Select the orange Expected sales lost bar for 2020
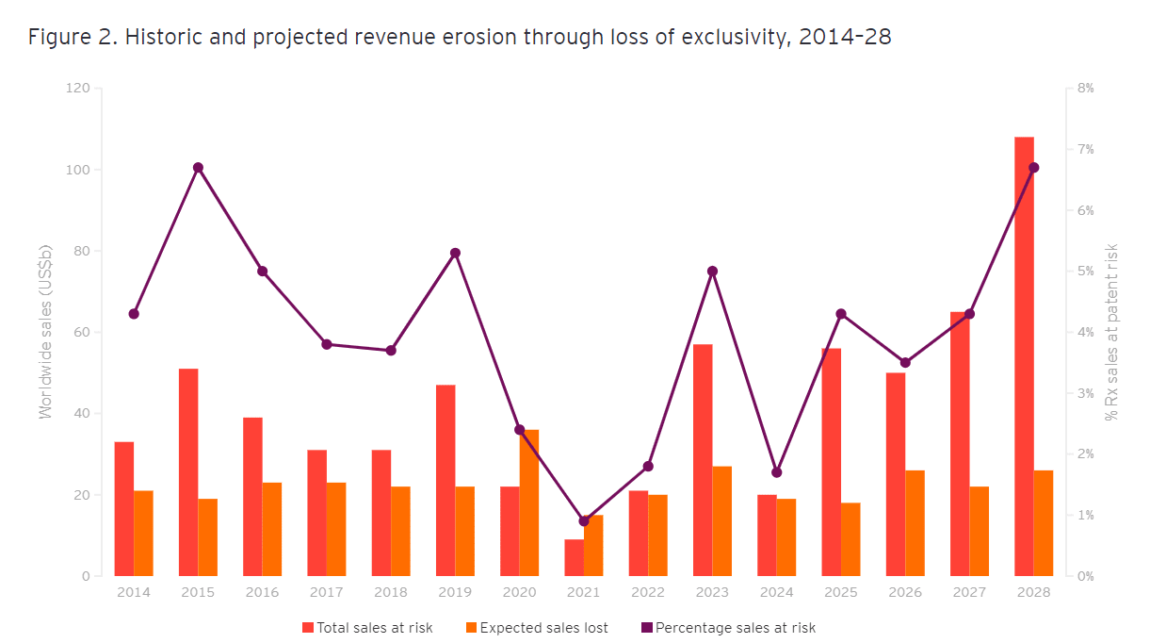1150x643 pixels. coord(529,503)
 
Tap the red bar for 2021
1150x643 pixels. coord(574,557)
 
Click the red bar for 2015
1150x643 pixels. coord(188,471)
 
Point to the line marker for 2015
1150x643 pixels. coord(198,168)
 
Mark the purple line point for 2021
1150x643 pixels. coord(584,520)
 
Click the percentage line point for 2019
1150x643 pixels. coord(455,253)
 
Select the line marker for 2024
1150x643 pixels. coord(777,472)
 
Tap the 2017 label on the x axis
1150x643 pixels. coord(327,593)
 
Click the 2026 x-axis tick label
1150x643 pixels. coord(905,593)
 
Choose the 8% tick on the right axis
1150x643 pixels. coord(1085,89)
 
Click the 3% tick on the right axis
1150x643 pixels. coord(1085,393)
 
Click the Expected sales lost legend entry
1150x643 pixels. coord(537,628)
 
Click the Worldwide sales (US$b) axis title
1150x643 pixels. coord(45,332)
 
